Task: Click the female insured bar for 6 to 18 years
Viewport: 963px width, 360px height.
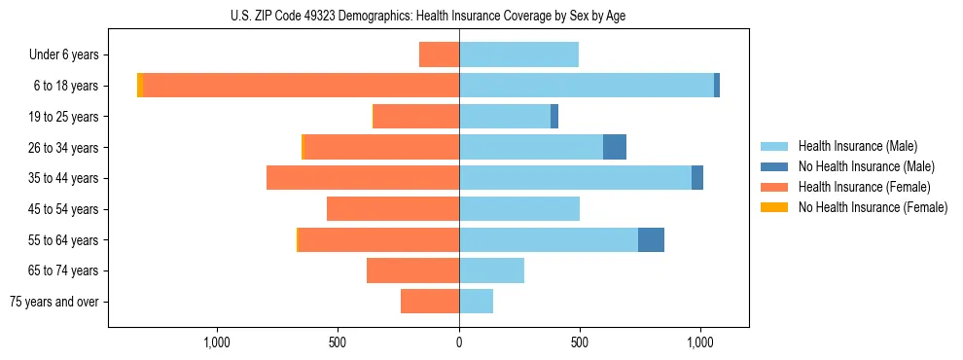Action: point(302,86)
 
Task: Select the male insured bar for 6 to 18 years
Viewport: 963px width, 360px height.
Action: point(587,86)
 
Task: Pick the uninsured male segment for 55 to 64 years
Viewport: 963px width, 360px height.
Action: point(651,240)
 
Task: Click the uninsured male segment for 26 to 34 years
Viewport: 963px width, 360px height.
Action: point(615,147)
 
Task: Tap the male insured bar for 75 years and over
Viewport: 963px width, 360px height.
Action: point(476,302)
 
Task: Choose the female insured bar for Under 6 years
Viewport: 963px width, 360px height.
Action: point(440,54)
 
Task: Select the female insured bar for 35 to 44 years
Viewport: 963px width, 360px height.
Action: point(363,178)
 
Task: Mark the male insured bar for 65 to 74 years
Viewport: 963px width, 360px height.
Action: point(491,270)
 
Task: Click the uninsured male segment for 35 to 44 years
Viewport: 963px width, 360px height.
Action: point(697,178)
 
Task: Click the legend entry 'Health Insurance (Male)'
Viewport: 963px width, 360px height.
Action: point(857,146)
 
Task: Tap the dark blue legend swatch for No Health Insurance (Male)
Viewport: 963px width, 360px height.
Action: point(774,166)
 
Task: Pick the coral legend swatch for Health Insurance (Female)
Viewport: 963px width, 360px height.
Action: point(774,187)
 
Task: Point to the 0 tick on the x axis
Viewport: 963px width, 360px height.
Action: point(459,342)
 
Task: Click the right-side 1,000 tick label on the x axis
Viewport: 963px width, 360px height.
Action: point(700,342)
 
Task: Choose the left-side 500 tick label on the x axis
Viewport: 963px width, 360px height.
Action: point(338,342)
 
